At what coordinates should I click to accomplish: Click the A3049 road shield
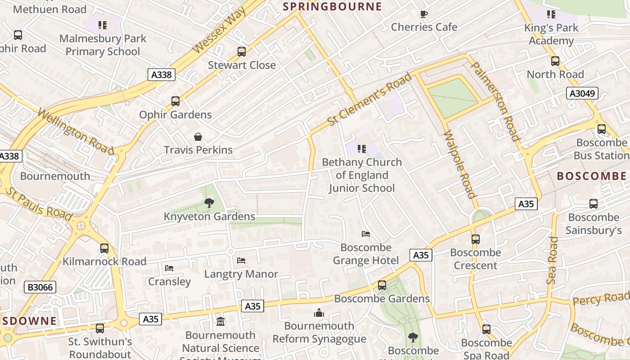(582, 94)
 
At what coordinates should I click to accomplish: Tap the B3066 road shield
(40, 287)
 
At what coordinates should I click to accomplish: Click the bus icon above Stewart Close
(242, 52)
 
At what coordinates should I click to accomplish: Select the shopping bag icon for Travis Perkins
(198, 137)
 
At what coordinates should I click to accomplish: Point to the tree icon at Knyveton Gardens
(209, 203)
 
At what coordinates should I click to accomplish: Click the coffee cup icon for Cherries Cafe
(423, 14)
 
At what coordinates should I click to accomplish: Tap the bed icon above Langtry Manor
(241, 260)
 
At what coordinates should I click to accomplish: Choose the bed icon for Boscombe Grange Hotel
(365, 234)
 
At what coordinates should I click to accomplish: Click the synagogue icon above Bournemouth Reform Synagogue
(319, 312)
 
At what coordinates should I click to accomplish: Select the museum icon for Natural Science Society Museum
(220, 322)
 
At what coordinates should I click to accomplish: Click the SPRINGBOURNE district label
(332, 6)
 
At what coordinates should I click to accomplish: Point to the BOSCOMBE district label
(591, 176)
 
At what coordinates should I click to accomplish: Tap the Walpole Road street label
(459, 164)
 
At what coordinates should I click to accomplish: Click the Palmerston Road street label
(495, 101)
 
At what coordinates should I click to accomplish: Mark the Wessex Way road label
(219, 31)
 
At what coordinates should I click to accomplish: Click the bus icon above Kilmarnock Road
(104, 248)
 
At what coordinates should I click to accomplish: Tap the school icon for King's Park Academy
(551, 14)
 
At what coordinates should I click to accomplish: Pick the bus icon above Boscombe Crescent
(476, 239)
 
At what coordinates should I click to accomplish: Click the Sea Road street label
(552, 261)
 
